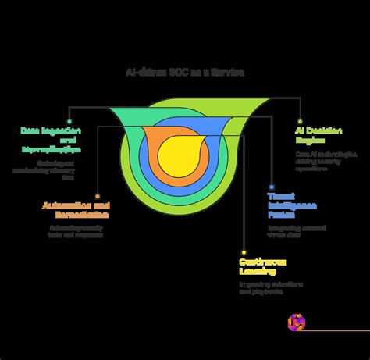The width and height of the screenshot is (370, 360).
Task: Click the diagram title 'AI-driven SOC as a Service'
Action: [184, 72]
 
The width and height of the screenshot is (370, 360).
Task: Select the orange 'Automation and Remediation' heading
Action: [75, 210]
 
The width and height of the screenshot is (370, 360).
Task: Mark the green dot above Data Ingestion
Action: [69, 122]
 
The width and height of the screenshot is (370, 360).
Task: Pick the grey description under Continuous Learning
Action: [269, 289]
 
